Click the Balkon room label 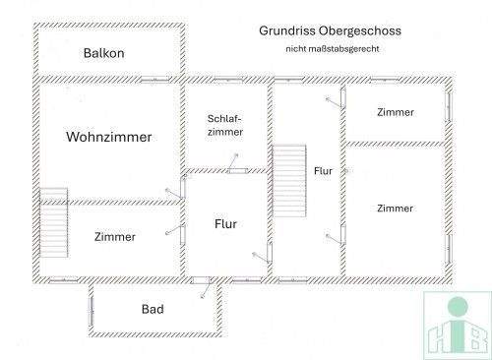[103, 52]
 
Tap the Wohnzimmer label [108, 138]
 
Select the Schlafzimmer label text [224, 125]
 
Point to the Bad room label [153, 310]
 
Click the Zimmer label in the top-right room [396, 112]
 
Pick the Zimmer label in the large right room [395, 208]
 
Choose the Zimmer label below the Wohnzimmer [114, 237]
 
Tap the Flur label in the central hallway [226, 224]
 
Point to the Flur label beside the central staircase [323, 171]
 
